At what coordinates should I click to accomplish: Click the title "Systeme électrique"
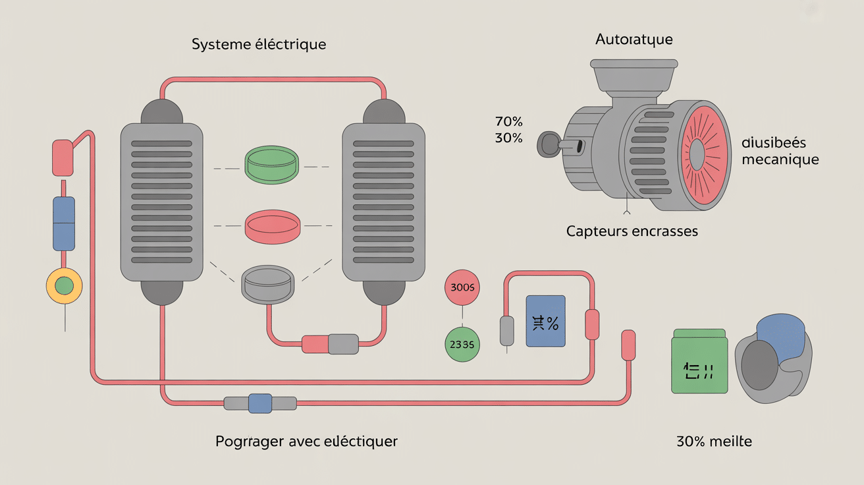pyautogui.click(x=259, y=45)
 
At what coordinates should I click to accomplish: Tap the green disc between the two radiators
pyautogui.click(x=271, y=165)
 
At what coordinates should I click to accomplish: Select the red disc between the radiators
pyautogui.click(x=271, y=225)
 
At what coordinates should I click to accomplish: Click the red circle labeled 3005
pyautogui.click(x=462, y=287)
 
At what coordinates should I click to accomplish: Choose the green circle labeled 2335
pyautogui.click(x=462, y=343)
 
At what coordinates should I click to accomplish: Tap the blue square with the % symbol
pyautogui.click(x=545, y=321)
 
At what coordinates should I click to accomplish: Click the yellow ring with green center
pyautogui.click(x=65, y=285)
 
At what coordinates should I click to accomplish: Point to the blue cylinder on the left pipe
pyautogui.click(x=64, y=223)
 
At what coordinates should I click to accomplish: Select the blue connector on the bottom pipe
pyautogui.click(x=260, y=403)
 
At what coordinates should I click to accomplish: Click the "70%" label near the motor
pyautogui.click(x=508, y=122)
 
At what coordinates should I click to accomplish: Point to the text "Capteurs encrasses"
pyautogui.click(x=632, y=231)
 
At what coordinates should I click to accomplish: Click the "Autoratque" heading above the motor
pyautogui.click(x=634, y=40)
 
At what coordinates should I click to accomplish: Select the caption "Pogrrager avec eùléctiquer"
pyautogui.click(x=306, y=441)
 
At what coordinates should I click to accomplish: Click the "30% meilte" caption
pyautogui.click(x=714, y=441)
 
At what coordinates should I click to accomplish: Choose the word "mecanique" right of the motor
pyautogui.click(x=780, y=159)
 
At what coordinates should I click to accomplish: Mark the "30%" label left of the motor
pyautogui.click(x=508, y=138)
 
